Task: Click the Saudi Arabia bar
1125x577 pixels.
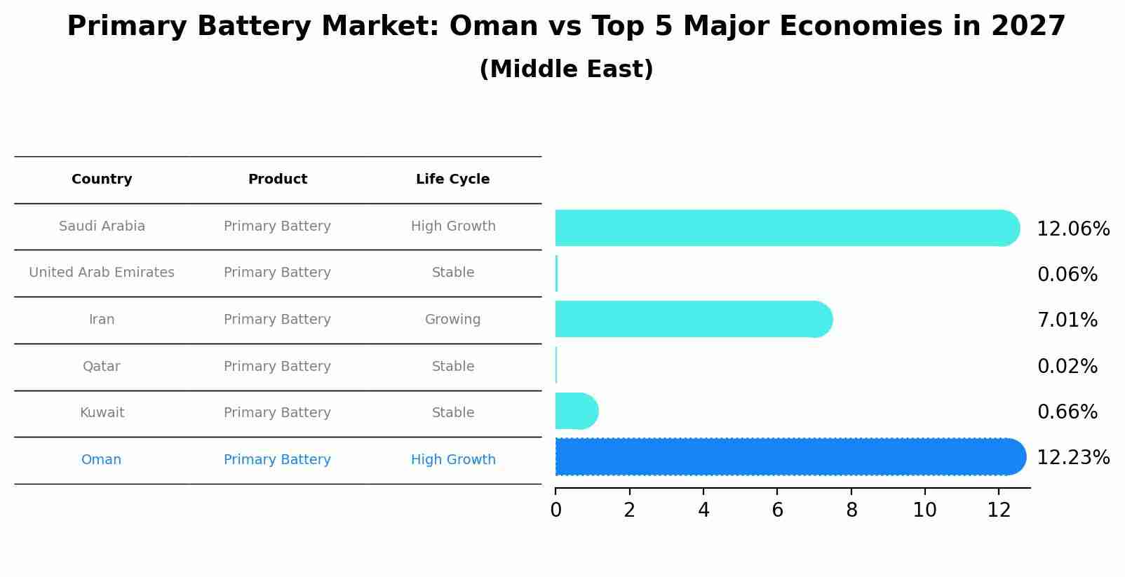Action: click(786, 228)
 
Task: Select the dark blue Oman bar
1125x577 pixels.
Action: click(789, 457)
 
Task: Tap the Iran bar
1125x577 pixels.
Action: click(693, 320)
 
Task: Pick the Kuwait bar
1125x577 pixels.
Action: click(576, 411)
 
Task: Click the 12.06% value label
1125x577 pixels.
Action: click(1072, 229)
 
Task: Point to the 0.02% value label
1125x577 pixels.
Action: click(1067, 366)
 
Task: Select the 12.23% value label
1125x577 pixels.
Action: click(1072, 458)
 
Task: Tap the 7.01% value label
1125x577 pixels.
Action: click(1067, 320)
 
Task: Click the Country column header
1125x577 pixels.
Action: click(102, 179)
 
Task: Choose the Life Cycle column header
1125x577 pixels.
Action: click(452, 179)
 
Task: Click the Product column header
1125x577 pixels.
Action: click(277, 179)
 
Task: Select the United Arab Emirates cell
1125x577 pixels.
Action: click(102, 273)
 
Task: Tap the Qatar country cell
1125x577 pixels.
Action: click(102, 366)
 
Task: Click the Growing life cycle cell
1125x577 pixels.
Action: click(452, 320)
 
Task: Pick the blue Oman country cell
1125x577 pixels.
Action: click(102, 460)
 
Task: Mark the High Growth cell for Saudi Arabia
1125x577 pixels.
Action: click(452, 226)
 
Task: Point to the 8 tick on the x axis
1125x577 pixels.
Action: click(851, 510)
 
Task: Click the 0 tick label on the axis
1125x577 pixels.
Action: click(555, 510)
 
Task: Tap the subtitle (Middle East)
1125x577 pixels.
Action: click(566, 69)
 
